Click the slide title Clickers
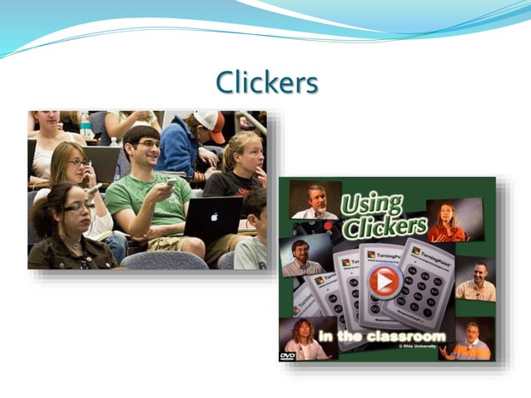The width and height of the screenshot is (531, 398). tap(266, 82)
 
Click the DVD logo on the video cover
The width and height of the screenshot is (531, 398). tap(287, 355)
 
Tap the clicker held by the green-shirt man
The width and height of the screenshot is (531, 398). tap(171, 182)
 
